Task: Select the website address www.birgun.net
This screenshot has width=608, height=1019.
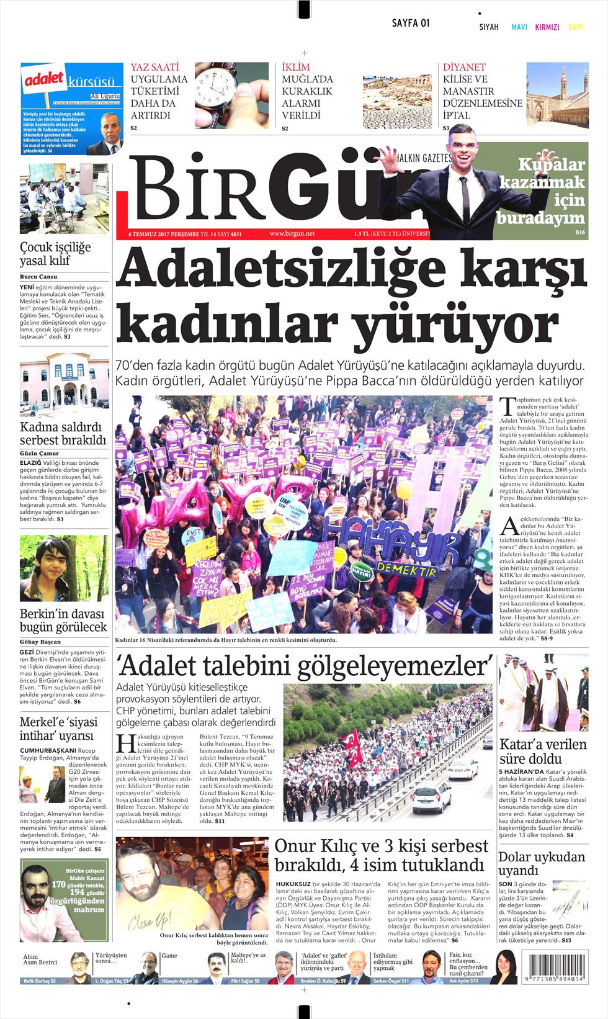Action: tap(292, 234)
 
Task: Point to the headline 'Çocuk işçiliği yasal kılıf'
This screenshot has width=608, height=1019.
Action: tap(55, 254)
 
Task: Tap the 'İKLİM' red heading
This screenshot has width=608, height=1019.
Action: tap(295, 67)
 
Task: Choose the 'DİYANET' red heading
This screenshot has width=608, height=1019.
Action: tap(464, 67)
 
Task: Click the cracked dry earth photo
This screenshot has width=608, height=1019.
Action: tap(397, 95)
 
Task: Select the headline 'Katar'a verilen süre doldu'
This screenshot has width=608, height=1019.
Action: tap(542, 752)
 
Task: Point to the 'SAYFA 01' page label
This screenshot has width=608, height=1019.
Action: tap(411, 24)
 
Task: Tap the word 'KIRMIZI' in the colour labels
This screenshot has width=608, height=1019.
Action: tap(547, 27)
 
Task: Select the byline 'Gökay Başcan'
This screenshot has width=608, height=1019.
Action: tap(40, 642)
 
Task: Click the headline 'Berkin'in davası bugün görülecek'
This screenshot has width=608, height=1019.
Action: tap(63, 621)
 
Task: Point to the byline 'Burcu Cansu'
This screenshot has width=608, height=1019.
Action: tap(38, 276)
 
